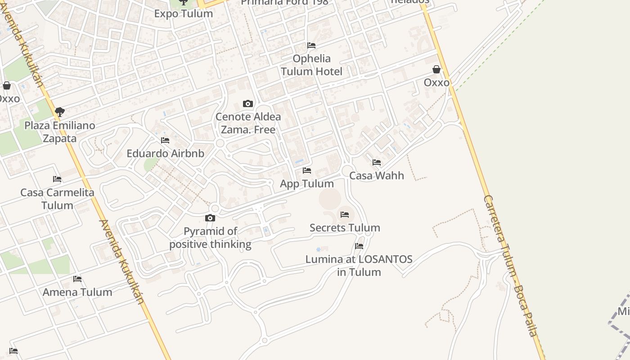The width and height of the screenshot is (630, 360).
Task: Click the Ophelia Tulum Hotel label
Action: pyautogui.click(x=311, y=65)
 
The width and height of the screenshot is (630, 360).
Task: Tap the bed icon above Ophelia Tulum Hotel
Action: pyautogui.click(x=311, y=45)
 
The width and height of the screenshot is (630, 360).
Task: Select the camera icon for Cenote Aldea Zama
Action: pyautogui.click(x=247, y=104)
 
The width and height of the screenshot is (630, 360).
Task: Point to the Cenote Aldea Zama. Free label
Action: pyautogui.click(x=248, y=123)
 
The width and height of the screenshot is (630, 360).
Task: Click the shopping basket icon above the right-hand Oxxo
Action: pyautogui.click(x=436, y=69)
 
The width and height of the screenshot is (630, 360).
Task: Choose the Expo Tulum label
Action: pyautogui.click(x=184, y=13)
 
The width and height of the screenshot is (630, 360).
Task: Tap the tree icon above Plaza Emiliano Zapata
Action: pyautogui.click(x=59, y=112)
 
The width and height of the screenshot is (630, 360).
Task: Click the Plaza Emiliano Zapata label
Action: pyautogui.click(x=60, y=132)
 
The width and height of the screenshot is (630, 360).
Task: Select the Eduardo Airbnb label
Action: pyautogui.click(x=165, y=153)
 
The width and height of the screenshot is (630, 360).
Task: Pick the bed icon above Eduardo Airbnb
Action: pyautogui.click(x=165, y=140)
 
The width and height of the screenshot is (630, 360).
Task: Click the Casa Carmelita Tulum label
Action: pyautogui.click(x=57, y=199)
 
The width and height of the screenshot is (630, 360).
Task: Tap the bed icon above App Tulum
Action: pyautogui.click(x=307, y=171)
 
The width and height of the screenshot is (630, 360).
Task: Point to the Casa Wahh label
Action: pyautogui.click(x=377, y=175)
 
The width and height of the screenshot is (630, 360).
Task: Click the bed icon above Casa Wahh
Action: pyautogui.click(x=377, y=162)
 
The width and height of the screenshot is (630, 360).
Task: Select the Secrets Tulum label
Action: pyautogui.click(x=345, y=228)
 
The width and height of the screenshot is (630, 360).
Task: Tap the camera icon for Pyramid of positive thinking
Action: pyautogui.click(x=210, y=218)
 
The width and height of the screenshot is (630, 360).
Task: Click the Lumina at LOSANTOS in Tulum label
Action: pyautogui.click(x=359, y=265)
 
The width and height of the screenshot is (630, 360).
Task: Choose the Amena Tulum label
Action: pyautogui.click(x=77, y=292)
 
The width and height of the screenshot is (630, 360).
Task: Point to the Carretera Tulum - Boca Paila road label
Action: pyautogui.click(x=510, y=265)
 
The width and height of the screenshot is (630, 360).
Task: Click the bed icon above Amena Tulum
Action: pyautogui.click(x=77, y=279)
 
